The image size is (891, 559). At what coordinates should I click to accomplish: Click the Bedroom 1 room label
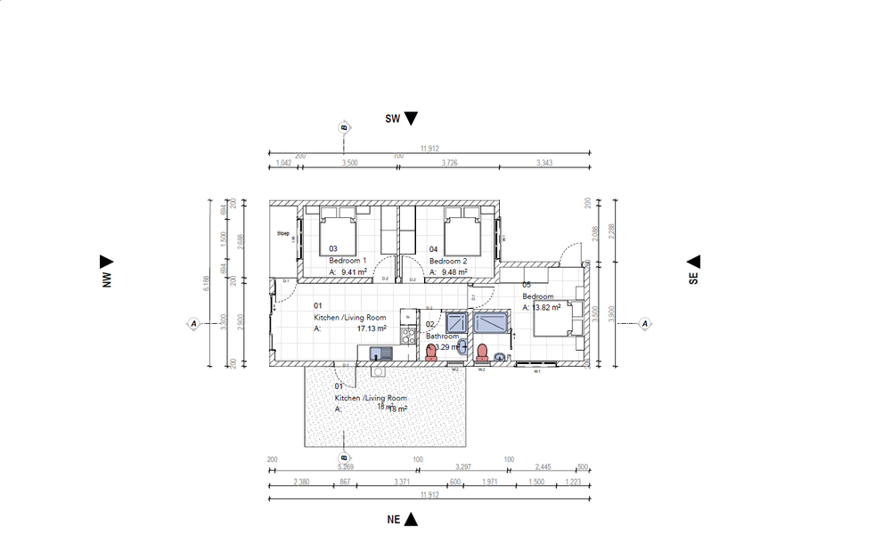348,261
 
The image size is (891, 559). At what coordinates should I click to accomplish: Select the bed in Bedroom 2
462,234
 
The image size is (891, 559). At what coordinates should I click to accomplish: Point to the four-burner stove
408,336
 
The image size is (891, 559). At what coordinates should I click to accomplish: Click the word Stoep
283,234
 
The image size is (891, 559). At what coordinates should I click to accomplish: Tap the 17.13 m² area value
372,328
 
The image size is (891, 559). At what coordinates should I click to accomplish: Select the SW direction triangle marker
411,118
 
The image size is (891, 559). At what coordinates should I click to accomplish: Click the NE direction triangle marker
411,520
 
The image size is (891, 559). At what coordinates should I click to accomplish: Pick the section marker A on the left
193,323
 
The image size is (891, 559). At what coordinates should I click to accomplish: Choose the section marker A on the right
646,323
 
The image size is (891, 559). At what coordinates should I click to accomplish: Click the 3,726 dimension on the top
449,164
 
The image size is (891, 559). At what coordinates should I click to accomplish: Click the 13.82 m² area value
545,308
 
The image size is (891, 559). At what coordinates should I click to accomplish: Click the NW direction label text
106,278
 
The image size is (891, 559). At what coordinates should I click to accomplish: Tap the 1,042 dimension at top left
283,164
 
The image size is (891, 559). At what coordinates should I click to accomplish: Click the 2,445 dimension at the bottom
542,466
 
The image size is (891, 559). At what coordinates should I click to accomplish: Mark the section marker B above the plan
343,128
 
